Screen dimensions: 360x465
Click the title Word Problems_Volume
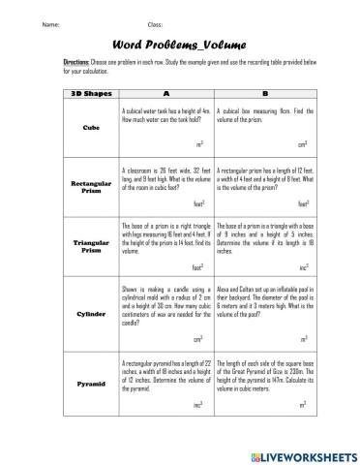point(180,44)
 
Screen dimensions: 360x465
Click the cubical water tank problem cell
point(165,115)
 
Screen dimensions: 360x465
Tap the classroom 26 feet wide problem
point(165,176)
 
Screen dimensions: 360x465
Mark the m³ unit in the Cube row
point(199,144)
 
